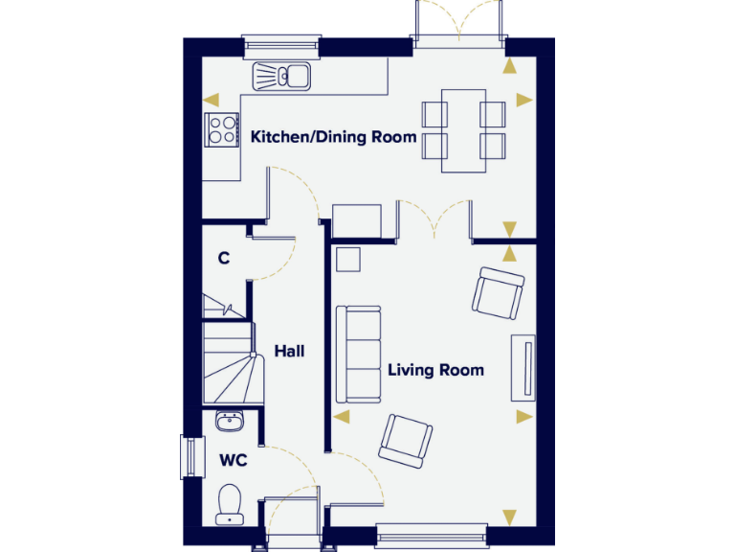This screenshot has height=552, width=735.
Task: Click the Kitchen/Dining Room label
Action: [x=333, y=137]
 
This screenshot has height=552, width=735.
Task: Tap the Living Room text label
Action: [x=435, y=370]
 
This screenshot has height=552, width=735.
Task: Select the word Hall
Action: [x=289, y=352]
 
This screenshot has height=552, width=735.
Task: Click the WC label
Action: [x=234, y=461]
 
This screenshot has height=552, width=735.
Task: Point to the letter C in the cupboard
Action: [x=223, y=258]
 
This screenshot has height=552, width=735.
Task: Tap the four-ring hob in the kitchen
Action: [x=222, y=129]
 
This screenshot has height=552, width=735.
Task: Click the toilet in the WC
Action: [x=230, y=504]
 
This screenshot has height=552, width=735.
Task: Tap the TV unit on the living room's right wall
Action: [x=523, y=367]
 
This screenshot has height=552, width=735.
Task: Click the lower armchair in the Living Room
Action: [x=407, y=441]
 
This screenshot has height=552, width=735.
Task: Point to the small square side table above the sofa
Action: [x=347, y=259]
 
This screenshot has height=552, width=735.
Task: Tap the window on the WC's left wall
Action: [x=192, y=457]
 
